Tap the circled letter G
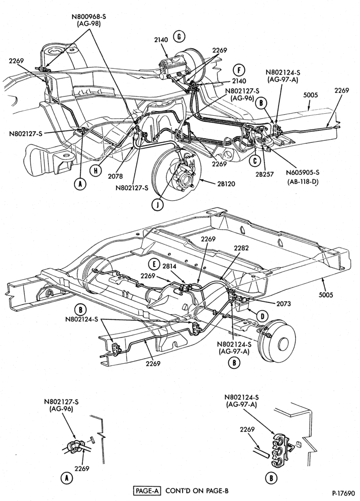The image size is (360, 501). pyautogui.click(x=179, y=37)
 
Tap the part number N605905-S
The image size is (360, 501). pyautogui.click(x=303, y=173)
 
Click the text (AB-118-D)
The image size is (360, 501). pyautogui.click(x=302, y=182)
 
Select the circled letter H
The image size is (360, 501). pyautogui.click(x=95, y=171)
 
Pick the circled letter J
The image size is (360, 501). pyautogui.click(x=156, y=205)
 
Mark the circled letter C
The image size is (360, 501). pyautogui.click(x=255, y=161)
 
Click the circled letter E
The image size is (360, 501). pyautogui.click(x=154, y=264)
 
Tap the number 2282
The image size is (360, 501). pyautogui.click(x=241, y=248)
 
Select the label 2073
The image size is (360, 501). pyautogui.click(x=284, y=303)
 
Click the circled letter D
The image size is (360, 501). pyautogui.click(x=262, y=316)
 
